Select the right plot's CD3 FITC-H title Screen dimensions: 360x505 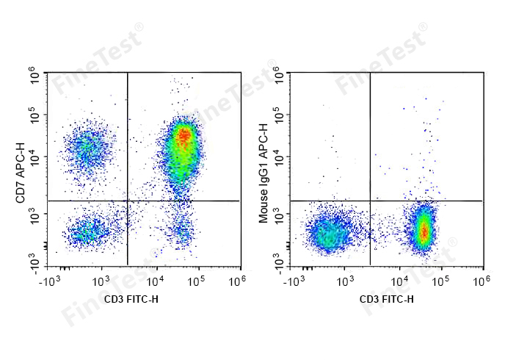(386, 298)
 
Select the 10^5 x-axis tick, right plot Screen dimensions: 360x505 (440, 281)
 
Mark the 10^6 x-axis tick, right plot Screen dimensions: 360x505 (482, 281)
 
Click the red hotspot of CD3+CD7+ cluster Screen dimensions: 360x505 (184, 135)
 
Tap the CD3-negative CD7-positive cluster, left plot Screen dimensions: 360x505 (85, 148)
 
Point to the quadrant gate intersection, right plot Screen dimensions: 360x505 (370, 200)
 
